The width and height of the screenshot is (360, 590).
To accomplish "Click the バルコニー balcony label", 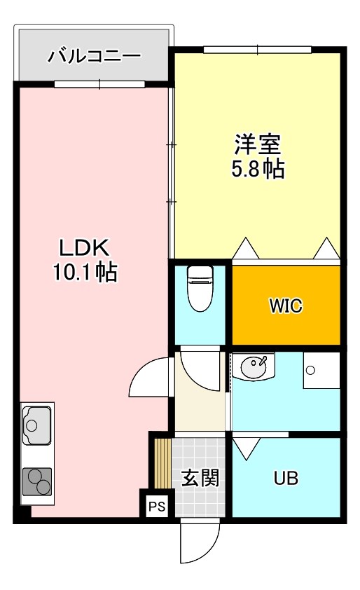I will [94, 56].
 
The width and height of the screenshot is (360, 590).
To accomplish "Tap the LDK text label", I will [83, 248].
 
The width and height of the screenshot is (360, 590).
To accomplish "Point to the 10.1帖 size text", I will [83, 272].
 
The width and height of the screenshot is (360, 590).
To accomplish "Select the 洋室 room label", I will [258, 145].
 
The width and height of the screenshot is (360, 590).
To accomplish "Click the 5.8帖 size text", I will [258, 169].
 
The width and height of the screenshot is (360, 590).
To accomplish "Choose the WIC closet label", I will [286, 307].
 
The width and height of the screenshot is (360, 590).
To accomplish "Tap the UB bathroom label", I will [286, 479].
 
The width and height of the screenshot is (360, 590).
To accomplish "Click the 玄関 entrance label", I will [200, 478].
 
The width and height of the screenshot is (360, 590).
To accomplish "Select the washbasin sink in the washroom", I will [254, 366].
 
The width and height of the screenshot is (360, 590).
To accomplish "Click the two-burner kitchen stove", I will [37, 483].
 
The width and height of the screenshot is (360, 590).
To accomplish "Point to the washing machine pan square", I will [321, 370].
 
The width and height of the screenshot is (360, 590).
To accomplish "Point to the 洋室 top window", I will [258, 50].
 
